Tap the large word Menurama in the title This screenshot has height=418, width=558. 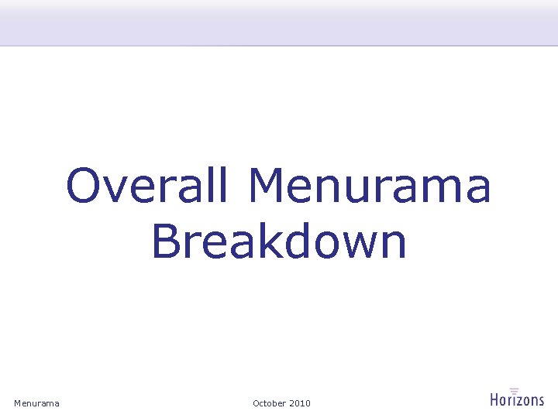tap(370, 187)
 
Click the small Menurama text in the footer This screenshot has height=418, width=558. tap(36, 403)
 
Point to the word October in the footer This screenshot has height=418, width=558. tap(269, 403)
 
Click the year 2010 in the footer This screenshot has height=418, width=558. tap(299, 403)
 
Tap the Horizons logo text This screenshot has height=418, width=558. tap(517, 400)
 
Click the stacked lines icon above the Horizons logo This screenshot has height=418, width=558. tap(514, 390)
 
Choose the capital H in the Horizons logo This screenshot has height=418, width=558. tap(495, 400)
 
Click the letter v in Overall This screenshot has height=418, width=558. tap(119, 190)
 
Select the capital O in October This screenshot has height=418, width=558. tap(257, 403)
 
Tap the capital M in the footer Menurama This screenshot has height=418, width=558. tap(18, 403)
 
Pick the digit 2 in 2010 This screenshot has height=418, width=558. tap(291, 403)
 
